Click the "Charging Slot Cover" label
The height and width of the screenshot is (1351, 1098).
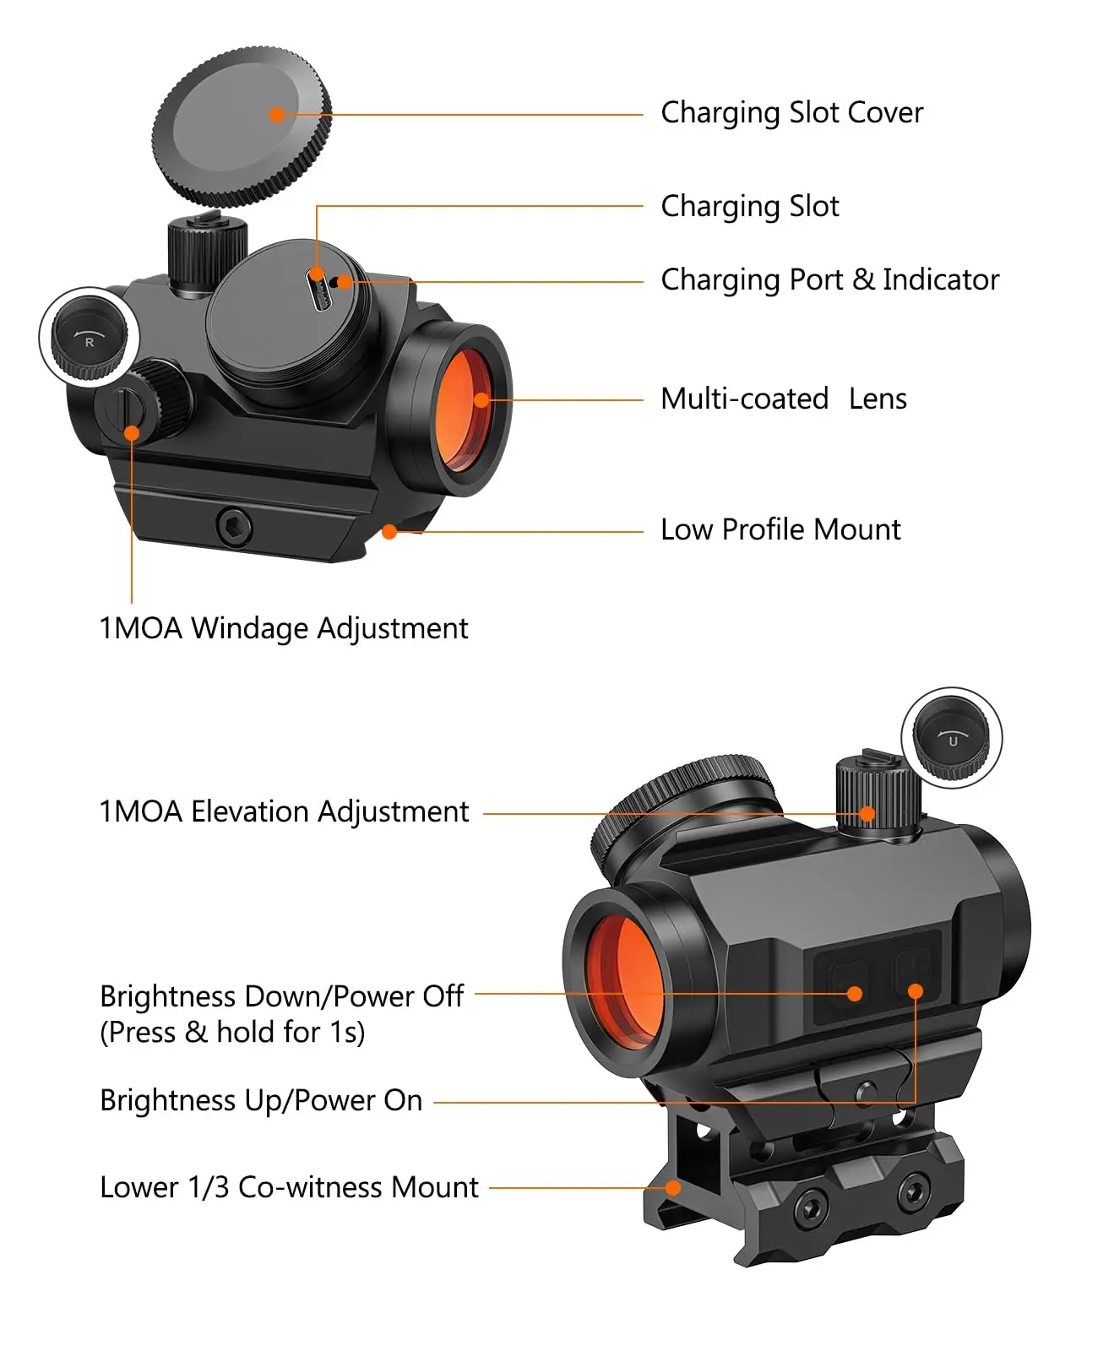[791, 112]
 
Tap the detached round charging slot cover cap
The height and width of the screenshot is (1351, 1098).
[242, 127]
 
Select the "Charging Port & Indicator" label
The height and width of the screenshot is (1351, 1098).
[829, 279]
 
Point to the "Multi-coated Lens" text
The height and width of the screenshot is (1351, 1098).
[783, 399]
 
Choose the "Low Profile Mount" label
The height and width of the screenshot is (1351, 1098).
[780, 529]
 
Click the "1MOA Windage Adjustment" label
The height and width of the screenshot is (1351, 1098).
[283, 628]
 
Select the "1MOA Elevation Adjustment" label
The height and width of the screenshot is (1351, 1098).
[283, 811]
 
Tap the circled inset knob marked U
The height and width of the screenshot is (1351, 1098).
[952, 737]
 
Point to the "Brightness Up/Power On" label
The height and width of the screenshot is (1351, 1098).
[260, 1100]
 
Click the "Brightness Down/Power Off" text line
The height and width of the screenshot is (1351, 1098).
[281, 996]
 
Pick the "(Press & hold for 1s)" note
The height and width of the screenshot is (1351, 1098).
[232, 1032]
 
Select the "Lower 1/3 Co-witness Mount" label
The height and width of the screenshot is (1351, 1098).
[289, 1187]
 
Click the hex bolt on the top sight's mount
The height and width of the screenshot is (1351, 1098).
[233, 526]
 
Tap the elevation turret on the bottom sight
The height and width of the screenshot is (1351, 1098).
[876, 799]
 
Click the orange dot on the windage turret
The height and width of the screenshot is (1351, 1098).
[132, 434]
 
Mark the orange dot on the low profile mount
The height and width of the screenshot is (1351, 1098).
[389, 531]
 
